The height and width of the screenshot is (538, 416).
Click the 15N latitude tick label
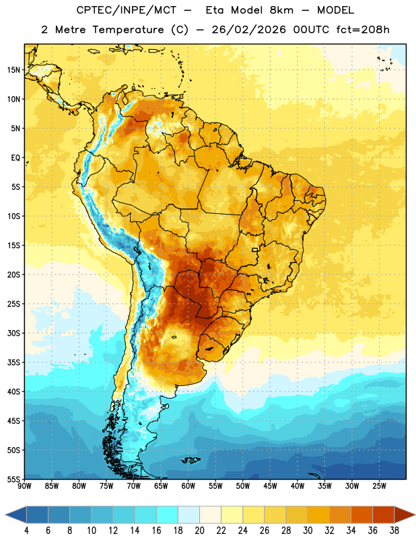pyautogui.click(x=13, y=70)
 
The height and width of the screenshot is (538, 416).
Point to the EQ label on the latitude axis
pyautogui.click(x=15, y=158)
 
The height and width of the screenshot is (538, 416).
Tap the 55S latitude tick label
pyautogui.click(x=13, y=479)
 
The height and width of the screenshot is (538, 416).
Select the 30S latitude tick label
pyautogui.click(x=13, y=333)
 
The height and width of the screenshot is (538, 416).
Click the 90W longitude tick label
pyautogui.click(x=24, y=486)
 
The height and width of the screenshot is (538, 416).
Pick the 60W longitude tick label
pyautogui.click(x=188, y=486)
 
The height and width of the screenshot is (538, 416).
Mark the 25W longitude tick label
pyautogui.click(x=379, y=486)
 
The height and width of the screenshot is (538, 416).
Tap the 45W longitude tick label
pyautogui.click(x=271, y=486)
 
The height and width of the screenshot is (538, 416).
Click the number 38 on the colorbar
pyautogui.click(x=394, y=531)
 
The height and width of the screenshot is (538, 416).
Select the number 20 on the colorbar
pyautogui.click(x=199, y=531)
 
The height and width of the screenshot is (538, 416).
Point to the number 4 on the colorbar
pyautogui.click(x=26, y=531)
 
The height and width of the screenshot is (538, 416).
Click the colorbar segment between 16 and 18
pyautogui.click(x=167, y=514)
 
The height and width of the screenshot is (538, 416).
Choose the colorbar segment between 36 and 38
pyautogui.click(x=384, y=514)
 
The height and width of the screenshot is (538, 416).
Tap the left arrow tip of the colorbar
pyautogui.click(x=5, y=514)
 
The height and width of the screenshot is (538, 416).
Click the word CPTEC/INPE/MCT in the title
pyautogui.click(x=127, y=10)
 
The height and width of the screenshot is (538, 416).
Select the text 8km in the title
pyautogui.click(x=281, y=10)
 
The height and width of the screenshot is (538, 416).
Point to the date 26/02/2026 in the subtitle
pyautogui.click(x=248, y=30)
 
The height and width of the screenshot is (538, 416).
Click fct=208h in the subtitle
pyautogui.click(x=363, y=30)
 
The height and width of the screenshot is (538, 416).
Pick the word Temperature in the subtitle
pyautogui.click(x=128, y=30)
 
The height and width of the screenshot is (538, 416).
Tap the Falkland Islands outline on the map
pyautogui.click(x=191, y=460)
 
